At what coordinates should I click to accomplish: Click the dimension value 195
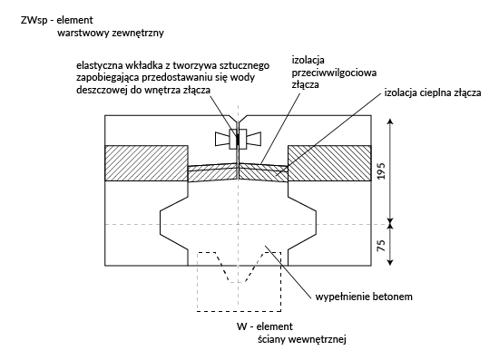click(x=382, y=170)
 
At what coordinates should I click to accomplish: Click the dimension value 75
click(x=382, y=245)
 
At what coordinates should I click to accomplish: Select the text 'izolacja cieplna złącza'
click(x=433, y=92)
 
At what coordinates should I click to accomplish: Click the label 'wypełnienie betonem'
click(x=364, y=297)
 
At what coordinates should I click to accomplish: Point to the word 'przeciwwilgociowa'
click(x=334, y=73)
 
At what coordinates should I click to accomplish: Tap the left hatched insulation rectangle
click(x=146, y=163)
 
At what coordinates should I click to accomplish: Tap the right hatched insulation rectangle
click(x=329, y=163)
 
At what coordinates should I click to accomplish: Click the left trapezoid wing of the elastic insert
click(x=222, y=139)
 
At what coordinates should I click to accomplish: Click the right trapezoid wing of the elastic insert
click(x=254, y=139)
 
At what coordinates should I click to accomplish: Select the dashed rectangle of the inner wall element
click(x=197, y=282)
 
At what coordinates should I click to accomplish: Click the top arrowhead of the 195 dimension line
click(x=391, y=122)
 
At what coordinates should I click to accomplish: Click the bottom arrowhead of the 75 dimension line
click(x=391, y=262)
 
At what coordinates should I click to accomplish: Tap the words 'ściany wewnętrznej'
click(x=302, y=339)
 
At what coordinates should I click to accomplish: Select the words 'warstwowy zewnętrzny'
click(x=111, y=33)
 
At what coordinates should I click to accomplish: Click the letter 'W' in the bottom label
click(x=241, y=326)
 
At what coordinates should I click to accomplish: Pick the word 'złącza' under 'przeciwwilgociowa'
click(x=306, y=85)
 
